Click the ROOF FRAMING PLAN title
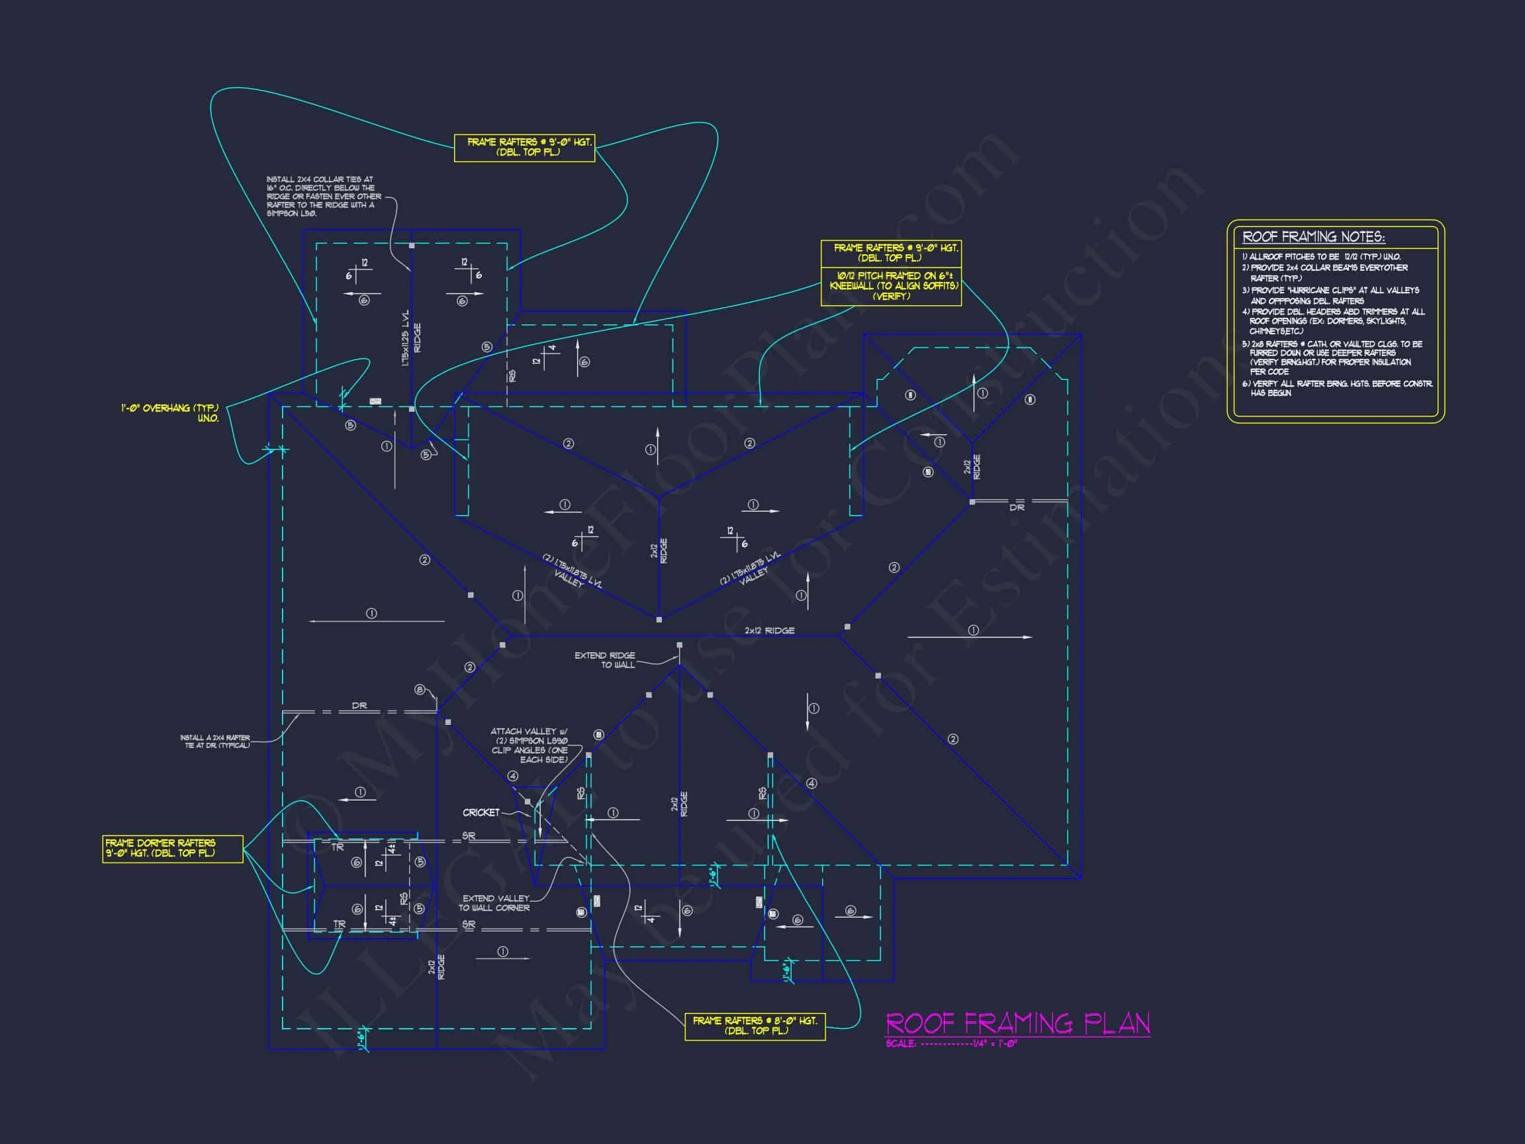click(1017, 1023)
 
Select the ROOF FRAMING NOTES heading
click(1313, 236)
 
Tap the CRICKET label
click(481, 812)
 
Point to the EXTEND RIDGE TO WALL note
click(604, 660)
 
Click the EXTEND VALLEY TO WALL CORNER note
click(494, 903)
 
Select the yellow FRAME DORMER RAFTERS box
click(172, 848)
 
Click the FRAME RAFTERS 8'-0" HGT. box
click(755, 1025)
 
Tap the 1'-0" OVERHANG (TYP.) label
click(170, 413)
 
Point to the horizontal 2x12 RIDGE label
click(769, 630)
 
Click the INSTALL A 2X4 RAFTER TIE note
click(215, 741)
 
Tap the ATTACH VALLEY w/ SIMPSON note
click(530, 745)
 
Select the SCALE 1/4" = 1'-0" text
click(951, 1044)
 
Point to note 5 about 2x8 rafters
click(1332, 358)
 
